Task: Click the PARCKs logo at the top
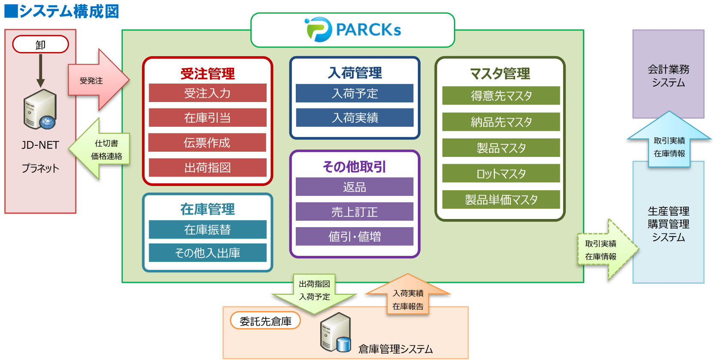[353, 30]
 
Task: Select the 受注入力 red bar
[207, 93]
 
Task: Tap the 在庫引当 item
[207, 118]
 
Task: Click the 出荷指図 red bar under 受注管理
[207, 168]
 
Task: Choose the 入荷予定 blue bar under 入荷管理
[354, 93]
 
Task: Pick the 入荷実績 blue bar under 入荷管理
[354, 118]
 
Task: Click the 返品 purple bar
[354, 187]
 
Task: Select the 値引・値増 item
[354, 236]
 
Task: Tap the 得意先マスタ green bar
[501, 96]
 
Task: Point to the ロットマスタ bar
[501, 174]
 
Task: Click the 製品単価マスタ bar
[501, 200]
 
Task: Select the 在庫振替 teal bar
[207, 230]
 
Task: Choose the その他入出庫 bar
[207, 253]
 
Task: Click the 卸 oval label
[40, 45]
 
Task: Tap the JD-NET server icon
[40, 110]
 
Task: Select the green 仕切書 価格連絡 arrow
[101, 149]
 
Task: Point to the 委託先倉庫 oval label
[265, 321]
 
